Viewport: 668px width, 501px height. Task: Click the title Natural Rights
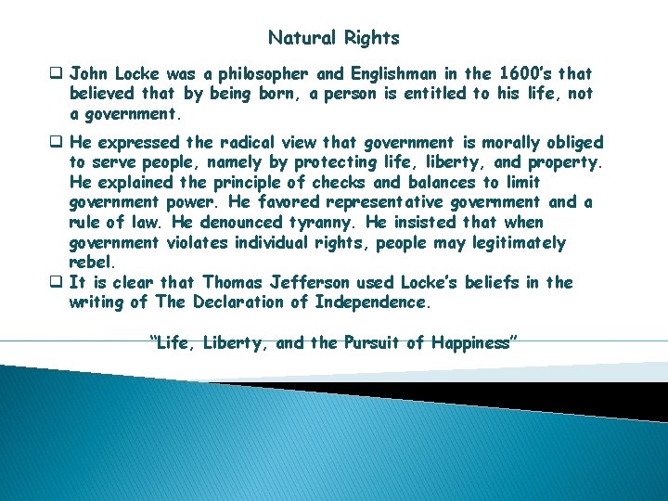(333, 38)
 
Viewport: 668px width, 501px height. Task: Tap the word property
(565, 162)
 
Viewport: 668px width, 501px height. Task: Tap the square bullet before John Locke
(58, 72)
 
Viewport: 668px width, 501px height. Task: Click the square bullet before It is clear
(58, 282)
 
